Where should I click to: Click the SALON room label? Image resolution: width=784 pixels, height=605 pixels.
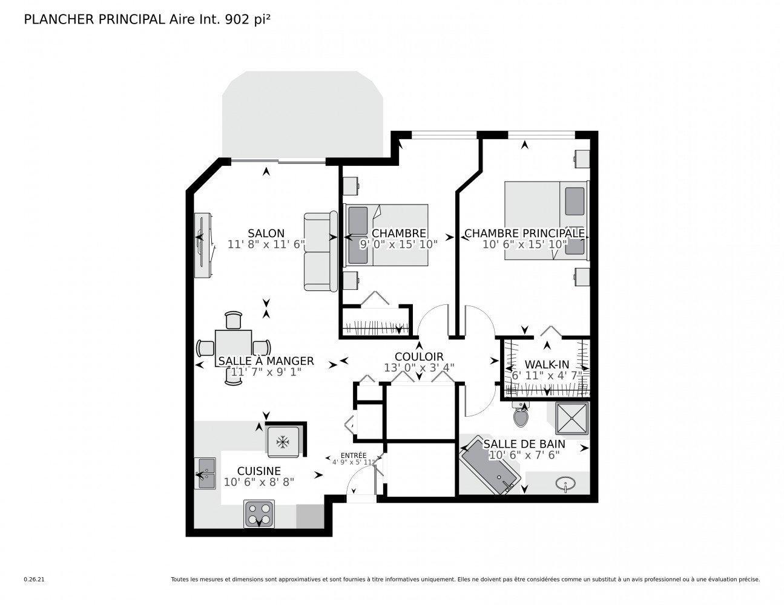pos(266,234)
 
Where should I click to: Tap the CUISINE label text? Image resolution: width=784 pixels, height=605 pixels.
pos(259,471)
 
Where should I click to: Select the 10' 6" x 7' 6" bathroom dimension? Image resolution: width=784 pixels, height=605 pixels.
pos(524,455)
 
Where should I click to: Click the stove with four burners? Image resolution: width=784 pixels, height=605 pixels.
pos(259,514)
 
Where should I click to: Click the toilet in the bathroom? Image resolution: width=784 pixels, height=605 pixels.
pos(521,414)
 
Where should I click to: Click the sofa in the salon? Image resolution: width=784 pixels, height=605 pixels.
pos(320,252)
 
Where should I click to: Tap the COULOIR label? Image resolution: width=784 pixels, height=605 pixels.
pos(419,357)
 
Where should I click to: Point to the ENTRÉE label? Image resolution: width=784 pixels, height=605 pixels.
pos(353,456)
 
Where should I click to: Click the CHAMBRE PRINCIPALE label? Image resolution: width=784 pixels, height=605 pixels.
pos(524,234)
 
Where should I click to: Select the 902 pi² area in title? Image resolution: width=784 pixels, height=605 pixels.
pos(247,19)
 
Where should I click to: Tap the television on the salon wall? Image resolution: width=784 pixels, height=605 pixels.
pos(201,245)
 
